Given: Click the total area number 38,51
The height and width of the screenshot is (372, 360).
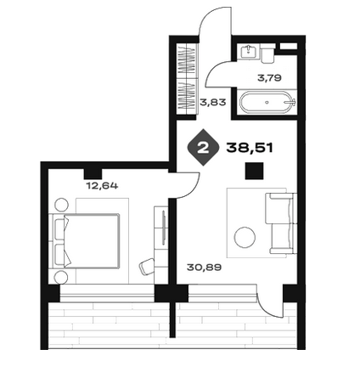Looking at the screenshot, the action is (x=250, y=148).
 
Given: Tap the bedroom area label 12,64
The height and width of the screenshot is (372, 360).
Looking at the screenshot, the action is (x=102, y=186).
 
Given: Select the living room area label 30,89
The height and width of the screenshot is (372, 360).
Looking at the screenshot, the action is (x=204, y=267).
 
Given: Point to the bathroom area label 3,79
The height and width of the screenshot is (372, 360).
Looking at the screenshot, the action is (x=269, y=78).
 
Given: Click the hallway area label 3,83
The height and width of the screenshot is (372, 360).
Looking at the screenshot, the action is (x=213, y=102).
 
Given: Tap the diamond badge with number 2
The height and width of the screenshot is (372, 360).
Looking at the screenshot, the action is (x=203, y=148).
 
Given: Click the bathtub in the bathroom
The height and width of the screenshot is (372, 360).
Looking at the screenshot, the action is (x=267, y=102).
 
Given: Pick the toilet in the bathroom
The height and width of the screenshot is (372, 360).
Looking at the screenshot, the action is (x=267, y=54).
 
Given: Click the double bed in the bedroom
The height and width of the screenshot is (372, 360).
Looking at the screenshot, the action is (x=84, y=240).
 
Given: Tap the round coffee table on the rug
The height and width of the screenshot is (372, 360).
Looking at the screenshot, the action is (x=245, y=237).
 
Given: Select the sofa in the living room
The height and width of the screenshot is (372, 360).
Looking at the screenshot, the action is (x=281, y=223).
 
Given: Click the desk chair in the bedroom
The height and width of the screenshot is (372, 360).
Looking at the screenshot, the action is (x=147, y=267).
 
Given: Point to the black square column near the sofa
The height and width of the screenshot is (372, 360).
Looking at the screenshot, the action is (x=254, y=171).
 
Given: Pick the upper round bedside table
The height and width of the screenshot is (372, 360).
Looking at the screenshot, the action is (x=61, y=205).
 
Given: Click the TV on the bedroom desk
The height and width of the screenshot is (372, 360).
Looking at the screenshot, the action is (x=164, y=228).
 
